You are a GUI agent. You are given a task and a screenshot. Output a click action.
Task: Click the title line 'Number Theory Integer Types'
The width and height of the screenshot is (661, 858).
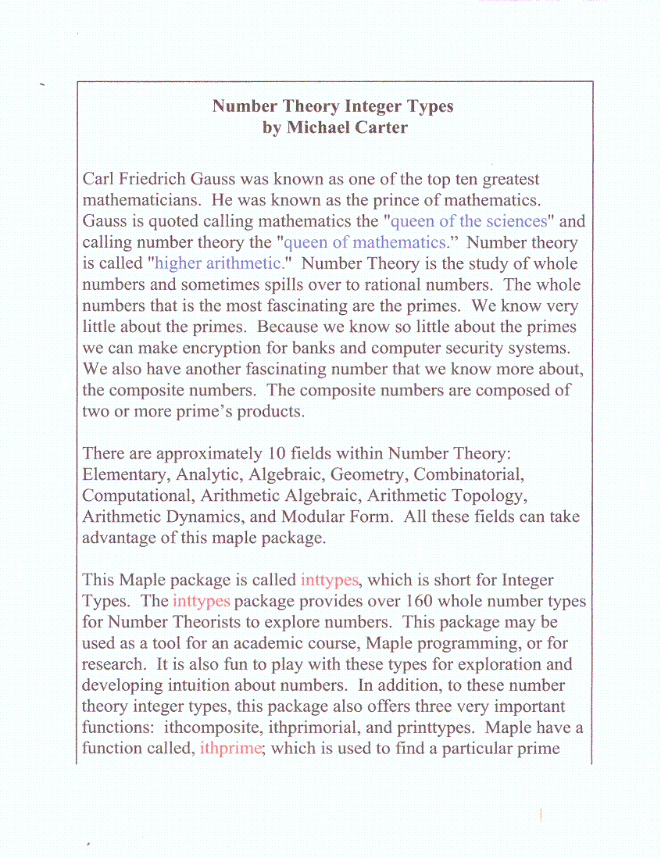point(333,106)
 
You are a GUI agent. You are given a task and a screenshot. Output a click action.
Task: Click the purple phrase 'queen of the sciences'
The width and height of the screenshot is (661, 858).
point(463,221)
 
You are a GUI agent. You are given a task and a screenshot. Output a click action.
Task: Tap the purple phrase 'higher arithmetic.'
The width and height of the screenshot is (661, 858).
point(218,263)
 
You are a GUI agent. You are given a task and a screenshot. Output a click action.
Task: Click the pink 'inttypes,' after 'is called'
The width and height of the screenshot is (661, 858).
point(330,580)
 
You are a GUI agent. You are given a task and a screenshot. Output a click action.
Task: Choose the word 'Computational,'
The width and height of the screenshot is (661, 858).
point(138,495)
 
